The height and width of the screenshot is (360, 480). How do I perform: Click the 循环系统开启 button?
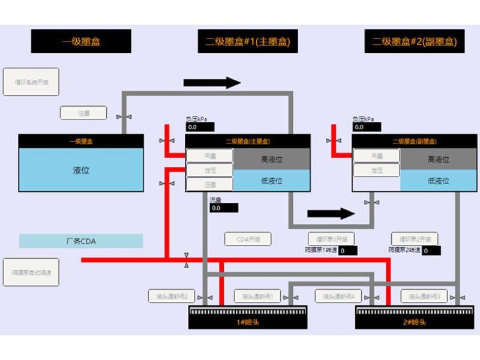pyautogui.click(x=31, y=82)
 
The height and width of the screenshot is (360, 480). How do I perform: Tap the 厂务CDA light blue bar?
pyautogui.click(x=81, y=241)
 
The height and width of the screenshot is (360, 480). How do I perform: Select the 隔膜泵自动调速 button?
pyautogui.click(x=31, y=272)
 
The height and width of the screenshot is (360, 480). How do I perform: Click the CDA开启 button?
pyautogui.click(x=248, y=239)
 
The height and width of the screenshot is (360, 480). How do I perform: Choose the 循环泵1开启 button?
pyautogui.click(x=331, y=239)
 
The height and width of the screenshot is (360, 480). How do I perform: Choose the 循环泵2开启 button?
pyautogui.click(x=415, y=239)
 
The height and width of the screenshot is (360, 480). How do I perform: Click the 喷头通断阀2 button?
pyautogui.click(x=172, y=296)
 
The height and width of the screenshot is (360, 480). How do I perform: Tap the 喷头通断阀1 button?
pyautogui.click(x=257, y=296)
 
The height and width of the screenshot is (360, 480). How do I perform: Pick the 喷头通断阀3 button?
pyautogui.click(x=424, y=296)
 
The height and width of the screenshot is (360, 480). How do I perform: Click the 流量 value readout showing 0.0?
pyautogui.click(x=224, y=208)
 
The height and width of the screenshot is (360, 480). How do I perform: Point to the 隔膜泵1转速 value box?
pyautogui.click(x=348, y=251)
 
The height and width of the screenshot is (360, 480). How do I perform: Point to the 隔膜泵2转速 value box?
pyautogui.click(x=431, y=251)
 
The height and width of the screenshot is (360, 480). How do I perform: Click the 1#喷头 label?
pyautogui.click(x=248, y=323)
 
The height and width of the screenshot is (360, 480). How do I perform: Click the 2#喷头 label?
pyautogui.click(x=415, y=323)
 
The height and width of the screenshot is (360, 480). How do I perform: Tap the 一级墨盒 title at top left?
pyautogui.click(x=81, y=41)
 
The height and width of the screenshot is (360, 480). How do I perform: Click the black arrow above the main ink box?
pyautogui.click(x=212, y=83)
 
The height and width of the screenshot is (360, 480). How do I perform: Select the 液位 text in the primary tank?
pyautogui.click(x=81, y=170)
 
